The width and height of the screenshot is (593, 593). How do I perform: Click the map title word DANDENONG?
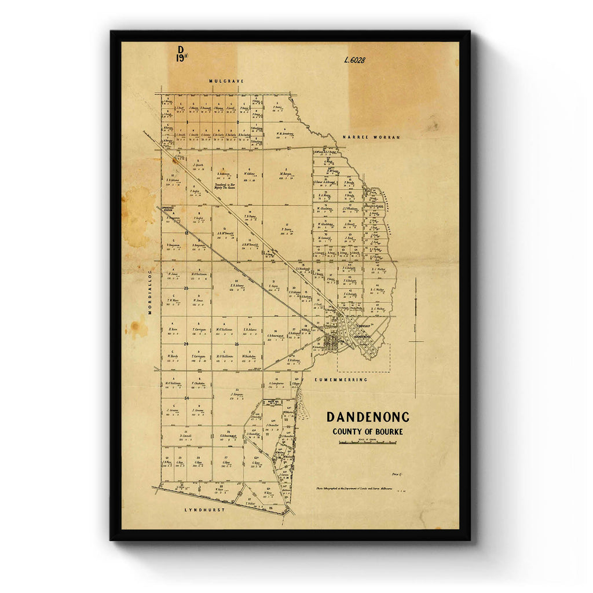(x=368, y=417)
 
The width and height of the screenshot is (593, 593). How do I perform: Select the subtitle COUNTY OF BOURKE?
(x=368, y=431)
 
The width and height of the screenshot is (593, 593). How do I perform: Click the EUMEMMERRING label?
(x=341, y=379)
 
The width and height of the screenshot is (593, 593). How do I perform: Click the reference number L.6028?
(x=354, y=60)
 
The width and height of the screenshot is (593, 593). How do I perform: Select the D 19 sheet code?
(x=181, y=54)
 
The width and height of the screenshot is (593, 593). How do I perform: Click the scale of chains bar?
(x=368, y=443)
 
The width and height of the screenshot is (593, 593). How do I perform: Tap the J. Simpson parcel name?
(x=236, y=394)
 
